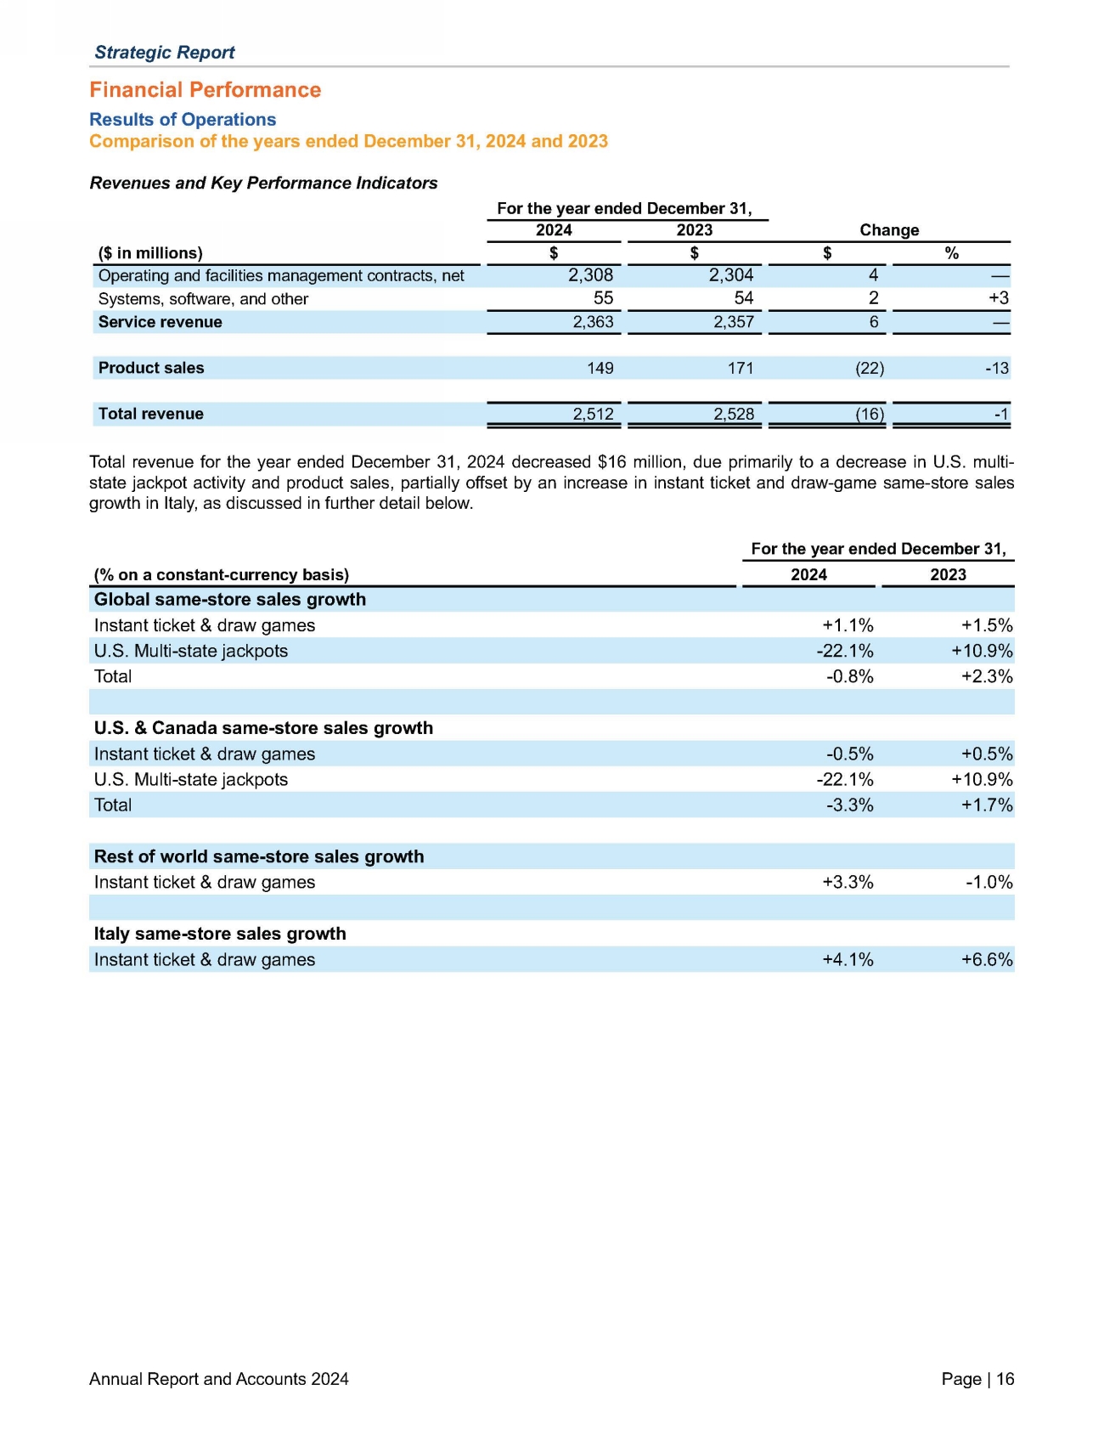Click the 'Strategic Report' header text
click(x=165, y=52)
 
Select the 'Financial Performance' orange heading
click(x=206, y=90)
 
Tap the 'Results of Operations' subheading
click(x=183, y=120)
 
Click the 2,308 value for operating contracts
click(x=590, y=275)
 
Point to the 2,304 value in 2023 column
click(x=731, y=275)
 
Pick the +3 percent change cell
click(x=999, y=298)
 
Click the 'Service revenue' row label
click(x=160, y=322)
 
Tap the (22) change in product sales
click(x=870, y=368)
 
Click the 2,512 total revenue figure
click(x=593, y=414)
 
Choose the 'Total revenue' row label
click(x=151, y=414)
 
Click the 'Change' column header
click(x=889, y=230)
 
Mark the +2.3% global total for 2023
click(x=987, y=676)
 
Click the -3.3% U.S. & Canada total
click(x=849, y=805)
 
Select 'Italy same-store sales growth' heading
click(x=220, y=934)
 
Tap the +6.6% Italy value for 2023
click(x=987, y=959)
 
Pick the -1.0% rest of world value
click(x=989, y=882)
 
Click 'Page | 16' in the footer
click(x=977, y=1379)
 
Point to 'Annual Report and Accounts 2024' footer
click(x=219, y=1379)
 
